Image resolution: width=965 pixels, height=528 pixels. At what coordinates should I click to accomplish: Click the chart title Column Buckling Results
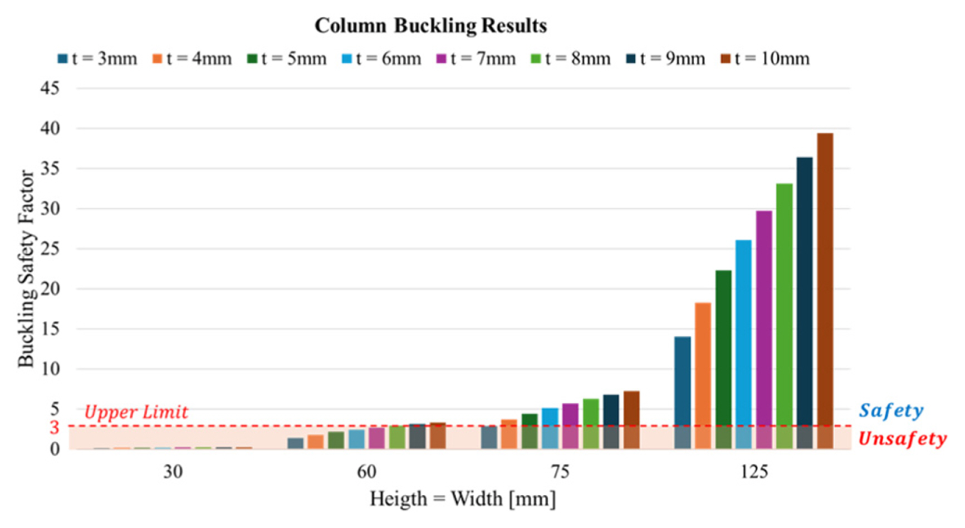click(430, 26)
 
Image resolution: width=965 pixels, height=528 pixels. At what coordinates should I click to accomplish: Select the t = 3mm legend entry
click(97, 59)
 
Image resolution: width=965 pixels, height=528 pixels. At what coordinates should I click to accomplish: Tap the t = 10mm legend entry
click(765, 59)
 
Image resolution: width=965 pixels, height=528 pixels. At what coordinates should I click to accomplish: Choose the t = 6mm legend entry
click(381, 59)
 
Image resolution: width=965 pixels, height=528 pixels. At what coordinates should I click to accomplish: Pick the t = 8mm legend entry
click(571, 59)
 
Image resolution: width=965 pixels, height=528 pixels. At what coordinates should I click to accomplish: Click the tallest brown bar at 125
click(825, 290)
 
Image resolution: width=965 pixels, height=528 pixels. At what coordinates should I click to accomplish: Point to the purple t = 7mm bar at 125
click(764, 329)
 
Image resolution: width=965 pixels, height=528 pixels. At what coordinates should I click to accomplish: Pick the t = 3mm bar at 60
click(295, 443)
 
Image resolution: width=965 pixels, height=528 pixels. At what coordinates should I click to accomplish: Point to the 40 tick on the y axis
click(50, 128)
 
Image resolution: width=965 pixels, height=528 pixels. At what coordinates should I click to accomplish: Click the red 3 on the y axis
click(54, 427)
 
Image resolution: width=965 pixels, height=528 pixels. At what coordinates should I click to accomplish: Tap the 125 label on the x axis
click(754, 472)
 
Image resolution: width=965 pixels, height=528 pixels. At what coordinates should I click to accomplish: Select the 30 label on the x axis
click(173, 472)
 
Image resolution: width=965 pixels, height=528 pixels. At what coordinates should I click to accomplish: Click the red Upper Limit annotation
click(136, 412)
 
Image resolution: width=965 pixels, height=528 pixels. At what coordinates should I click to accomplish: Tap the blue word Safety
click(891, 410)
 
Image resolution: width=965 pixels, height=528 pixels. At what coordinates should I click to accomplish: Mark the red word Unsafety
click(902, 439)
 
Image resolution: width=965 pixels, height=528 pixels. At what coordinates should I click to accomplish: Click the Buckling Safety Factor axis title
click(26, 268)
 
